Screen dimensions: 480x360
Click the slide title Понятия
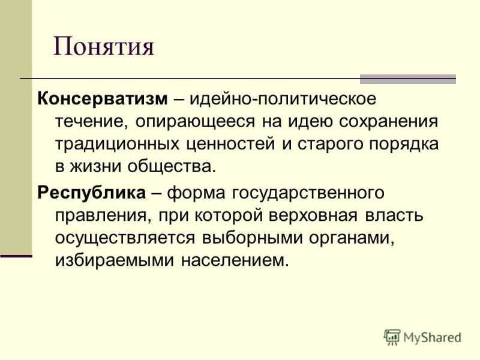(103, 47)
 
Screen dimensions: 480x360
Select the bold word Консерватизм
(103, 99)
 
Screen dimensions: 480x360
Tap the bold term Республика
(92, 193)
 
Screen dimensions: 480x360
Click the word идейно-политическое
(283, 99)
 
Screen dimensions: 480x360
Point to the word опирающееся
(195, 122)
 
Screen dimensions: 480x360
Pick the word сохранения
(388, 122)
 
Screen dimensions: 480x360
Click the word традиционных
(117, 144)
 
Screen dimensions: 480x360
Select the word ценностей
(231, 144)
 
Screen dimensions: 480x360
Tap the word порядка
(403, 144)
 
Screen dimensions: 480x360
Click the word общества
(172, 167)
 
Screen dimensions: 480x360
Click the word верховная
(313, 216)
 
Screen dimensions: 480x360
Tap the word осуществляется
(125, 238)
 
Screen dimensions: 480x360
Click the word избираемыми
(115, 261)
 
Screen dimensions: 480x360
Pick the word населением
(235, 261)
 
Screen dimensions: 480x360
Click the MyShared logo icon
(392, 337)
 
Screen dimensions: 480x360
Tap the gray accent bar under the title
(408, 79)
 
